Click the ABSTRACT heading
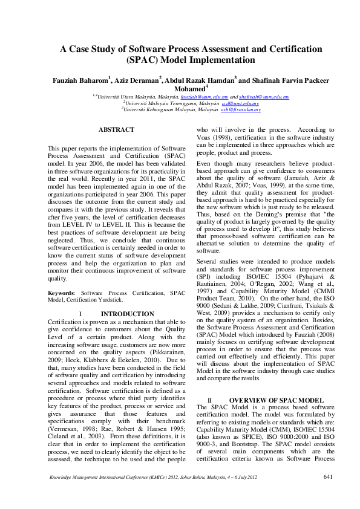tap(116, 129)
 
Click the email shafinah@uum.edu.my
tap(264, 97)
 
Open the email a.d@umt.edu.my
tap(241, 103)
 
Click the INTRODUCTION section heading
tap(127, 314)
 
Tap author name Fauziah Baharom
tap(79, 80)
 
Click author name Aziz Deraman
tap(137, 80)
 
